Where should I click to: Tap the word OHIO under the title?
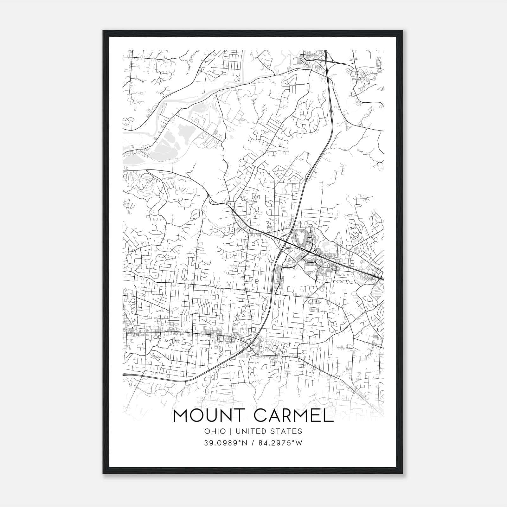pyautogui.click(x=215, y=431)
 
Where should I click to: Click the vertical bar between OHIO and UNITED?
pyautogui.click(x=230, y=431)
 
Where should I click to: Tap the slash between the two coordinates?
pyautogui.click(x=253, y=443)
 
